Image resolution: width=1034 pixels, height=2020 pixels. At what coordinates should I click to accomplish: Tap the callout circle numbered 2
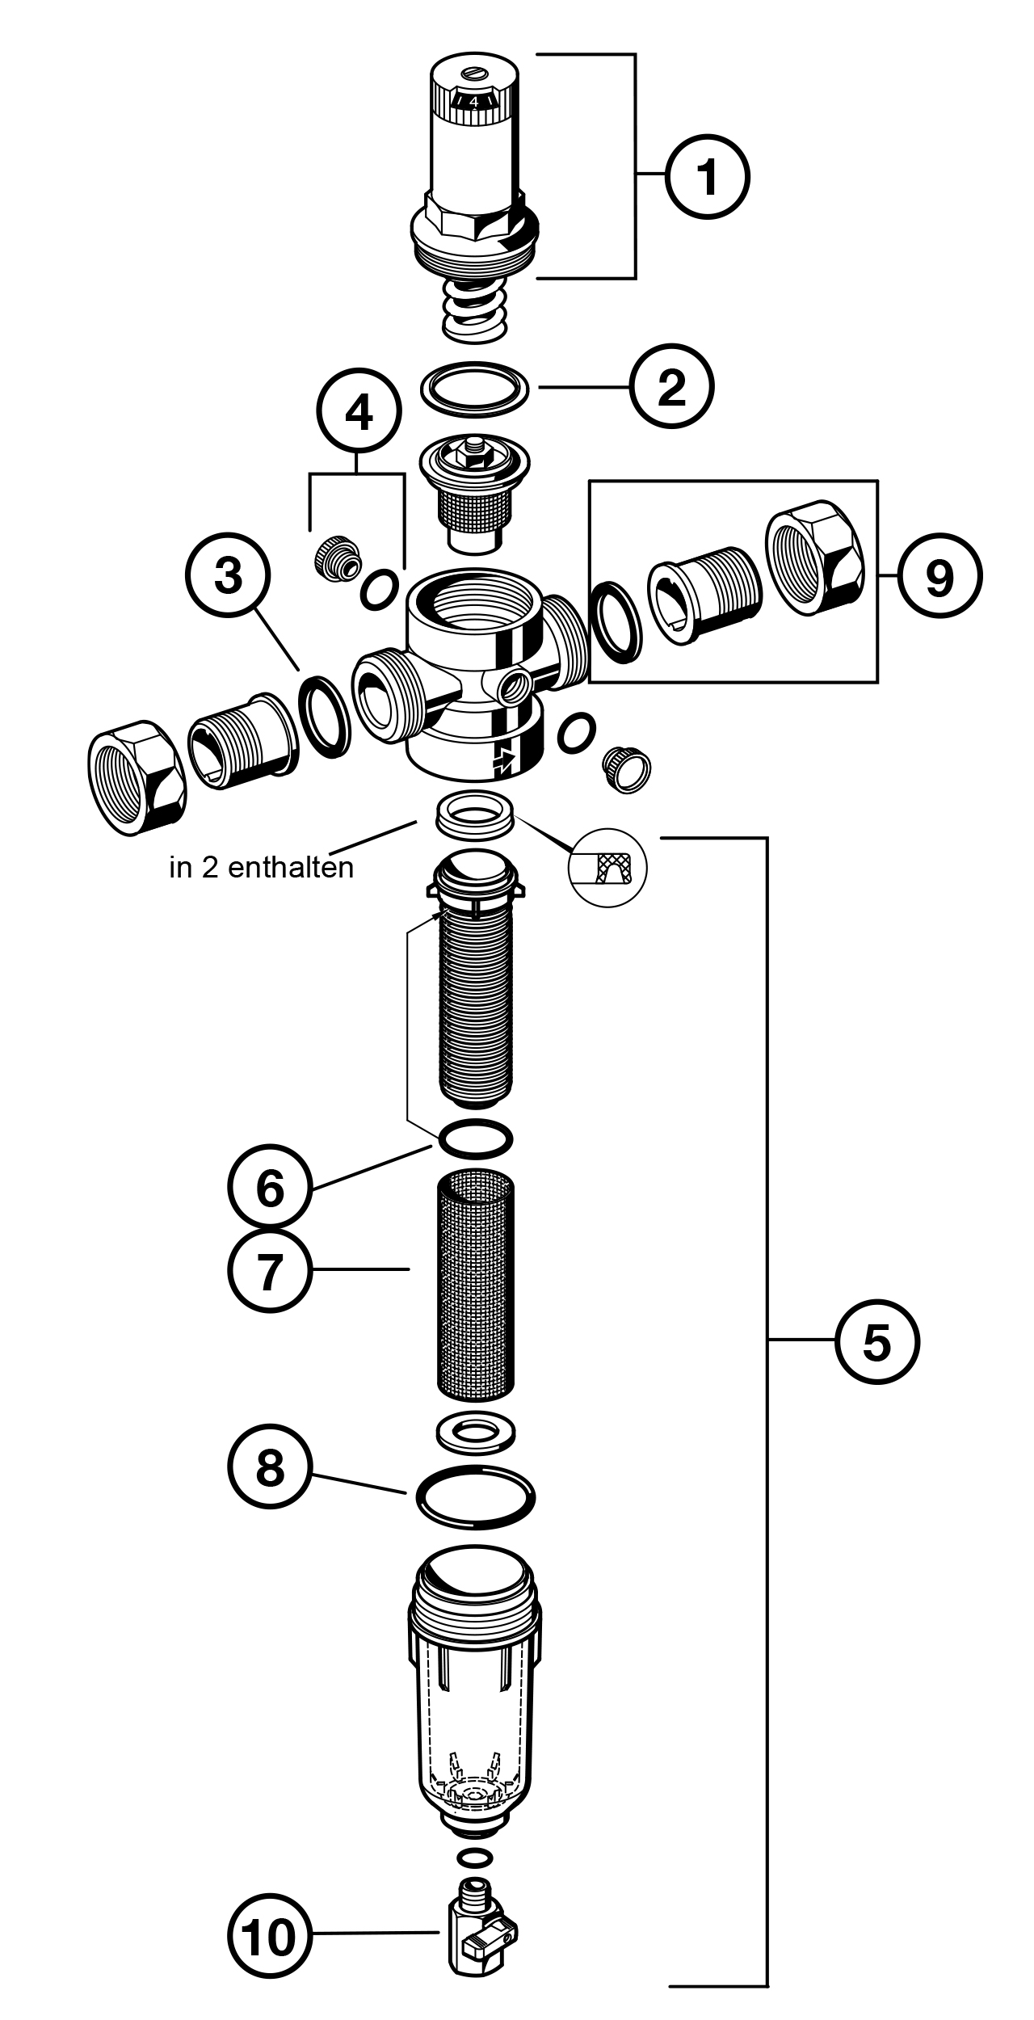coord(672,387)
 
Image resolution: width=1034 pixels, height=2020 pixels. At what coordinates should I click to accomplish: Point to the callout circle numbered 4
coord(359,414)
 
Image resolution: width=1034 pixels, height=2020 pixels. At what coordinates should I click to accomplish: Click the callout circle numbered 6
coord(269,1189)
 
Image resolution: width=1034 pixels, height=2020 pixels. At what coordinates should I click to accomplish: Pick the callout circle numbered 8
coord(269,1467)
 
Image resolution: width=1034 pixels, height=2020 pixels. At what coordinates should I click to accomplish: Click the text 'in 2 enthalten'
coord(262,868)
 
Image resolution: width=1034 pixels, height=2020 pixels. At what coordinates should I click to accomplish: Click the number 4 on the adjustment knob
coord(474,103)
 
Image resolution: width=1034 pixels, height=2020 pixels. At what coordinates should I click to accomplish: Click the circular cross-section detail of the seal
coord(608,868)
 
